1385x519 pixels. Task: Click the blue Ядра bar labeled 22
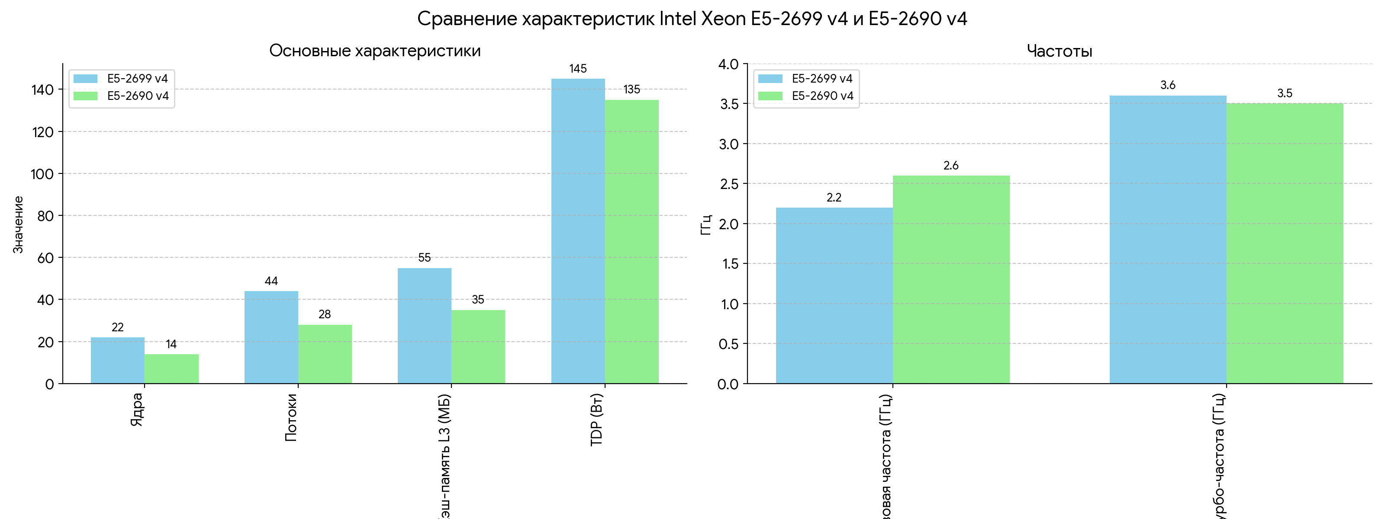coord(118,360)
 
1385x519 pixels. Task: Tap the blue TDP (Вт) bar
coord(578,231)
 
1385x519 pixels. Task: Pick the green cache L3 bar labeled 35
coord(478,346)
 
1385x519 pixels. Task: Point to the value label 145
coord(578,69)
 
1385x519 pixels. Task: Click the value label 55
coord(424,258)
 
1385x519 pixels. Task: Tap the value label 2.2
coord(834,198)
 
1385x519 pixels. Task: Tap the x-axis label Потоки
coord(291,417)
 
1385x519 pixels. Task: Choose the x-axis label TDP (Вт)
coord(597,420)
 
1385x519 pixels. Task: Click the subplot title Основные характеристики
coord(375,51)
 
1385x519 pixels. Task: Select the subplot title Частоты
coord(1059,51)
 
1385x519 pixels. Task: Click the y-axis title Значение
coord(18,224)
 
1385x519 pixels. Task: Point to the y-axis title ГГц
coord(706,224)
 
